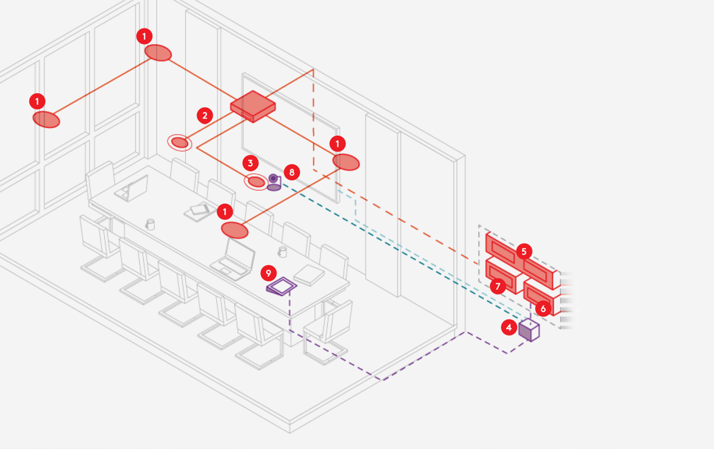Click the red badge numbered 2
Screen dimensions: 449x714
205,116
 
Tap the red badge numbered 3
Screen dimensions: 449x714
250,163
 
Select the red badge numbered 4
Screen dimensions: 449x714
509,328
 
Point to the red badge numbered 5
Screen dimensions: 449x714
524,251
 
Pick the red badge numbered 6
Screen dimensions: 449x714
543,309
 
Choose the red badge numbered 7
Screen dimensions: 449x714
498,286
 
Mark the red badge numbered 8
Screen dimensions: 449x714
292,172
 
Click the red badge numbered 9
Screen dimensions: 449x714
268,273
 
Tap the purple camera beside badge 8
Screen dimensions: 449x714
274,183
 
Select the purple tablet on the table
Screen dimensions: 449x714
282,286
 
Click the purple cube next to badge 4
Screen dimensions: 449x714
529,330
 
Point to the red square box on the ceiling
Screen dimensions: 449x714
253,106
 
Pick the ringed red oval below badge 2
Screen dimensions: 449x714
180,142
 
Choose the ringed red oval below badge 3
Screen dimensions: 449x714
256,182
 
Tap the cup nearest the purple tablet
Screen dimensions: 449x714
283,252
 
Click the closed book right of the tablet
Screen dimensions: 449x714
309,275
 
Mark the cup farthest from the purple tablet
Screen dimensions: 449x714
150,224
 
